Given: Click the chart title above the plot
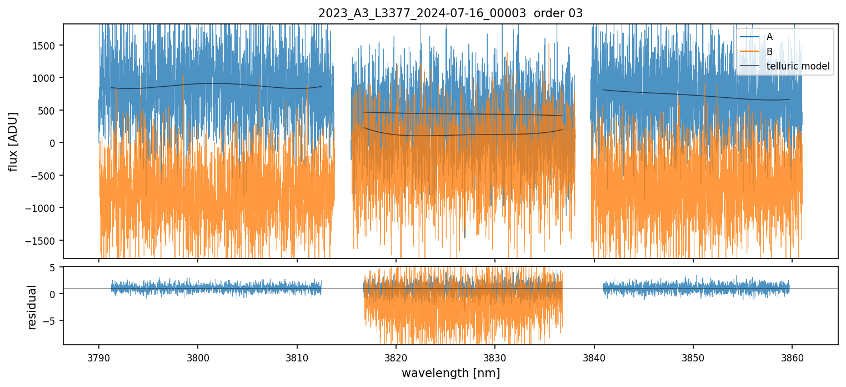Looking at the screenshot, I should click(x=450, y=13).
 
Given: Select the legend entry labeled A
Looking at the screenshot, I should click(x=769, y=37).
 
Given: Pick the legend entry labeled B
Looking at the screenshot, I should click(x=769, y=52).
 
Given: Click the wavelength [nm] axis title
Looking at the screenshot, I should click(x=450, y=373).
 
